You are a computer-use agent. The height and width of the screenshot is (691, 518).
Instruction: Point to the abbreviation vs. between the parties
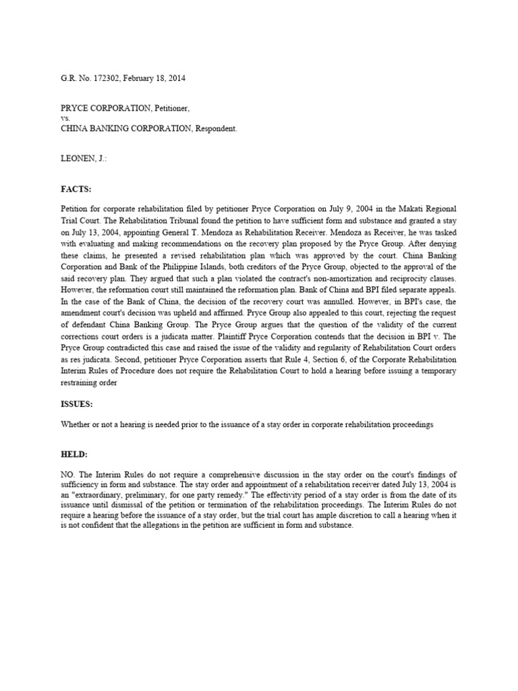point(65,117)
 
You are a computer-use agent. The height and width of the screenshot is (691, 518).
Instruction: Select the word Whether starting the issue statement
point(75,424)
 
